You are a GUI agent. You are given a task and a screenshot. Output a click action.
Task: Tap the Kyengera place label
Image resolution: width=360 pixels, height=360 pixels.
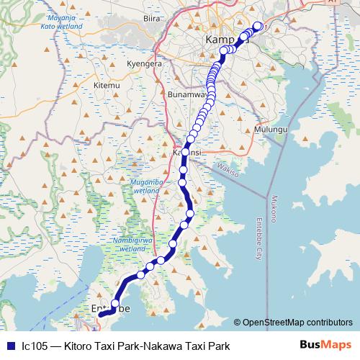(142, 63)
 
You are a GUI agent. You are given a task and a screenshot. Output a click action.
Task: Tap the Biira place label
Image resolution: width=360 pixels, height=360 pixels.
(151, 17)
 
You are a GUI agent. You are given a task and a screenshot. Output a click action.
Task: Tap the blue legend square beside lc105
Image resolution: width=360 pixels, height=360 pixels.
(10, 346)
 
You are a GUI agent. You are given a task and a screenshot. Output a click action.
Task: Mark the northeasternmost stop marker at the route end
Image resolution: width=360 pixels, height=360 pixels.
(258, 27)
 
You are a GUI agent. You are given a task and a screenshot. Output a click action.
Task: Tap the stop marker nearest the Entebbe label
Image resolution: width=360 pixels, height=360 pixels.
(115, 302)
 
